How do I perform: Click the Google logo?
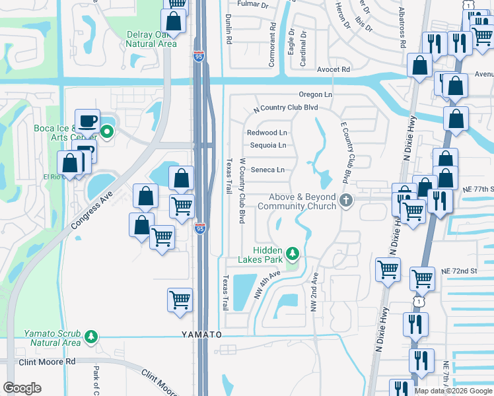(x=22, y=388)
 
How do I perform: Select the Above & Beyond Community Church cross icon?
(x=343, y=201)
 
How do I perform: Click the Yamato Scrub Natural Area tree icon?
(x=91, y=337)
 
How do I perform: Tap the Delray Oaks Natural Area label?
(x=151, y=39)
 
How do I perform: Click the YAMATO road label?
(x=202, y=335)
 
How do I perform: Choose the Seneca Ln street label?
(x=267, y=170)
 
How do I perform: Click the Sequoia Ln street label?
(x=267, y=145)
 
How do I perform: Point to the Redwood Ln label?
(x=267, y=133)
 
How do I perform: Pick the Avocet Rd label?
(x=333, y=69)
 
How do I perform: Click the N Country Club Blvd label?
(x=286, y=108)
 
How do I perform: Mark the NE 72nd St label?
(x=459, y=271)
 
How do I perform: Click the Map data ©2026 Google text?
(x=453, y=391)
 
